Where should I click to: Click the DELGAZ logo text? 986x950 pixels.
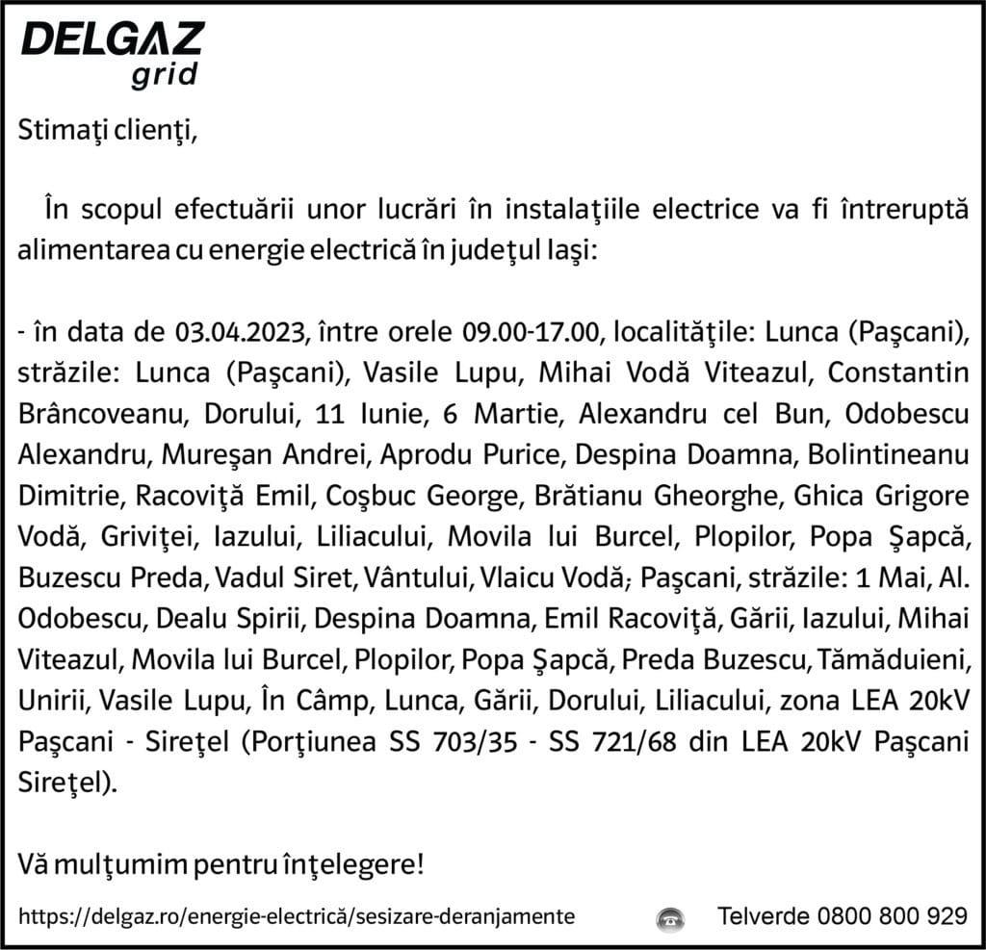point(112,39)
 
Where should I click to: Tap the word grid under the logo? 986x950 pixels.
point(166,75)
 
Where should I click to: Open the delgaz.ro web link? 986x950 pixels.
point(298,915)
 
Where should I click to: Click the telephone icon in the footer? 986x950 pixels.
point(670,915)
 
